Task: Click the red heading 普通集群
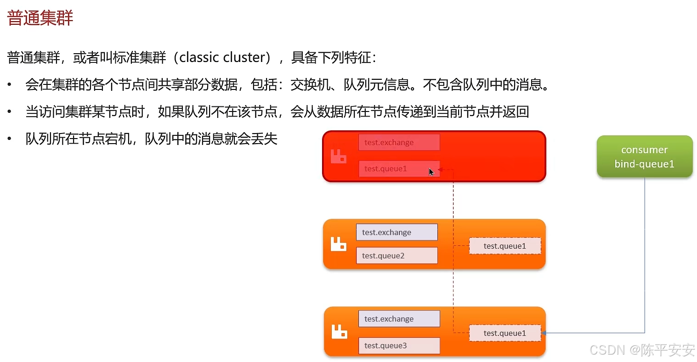pyautogui.click(x=40, y=18)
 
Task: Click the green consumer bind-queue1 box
pyautogui.click(x=644, y=156)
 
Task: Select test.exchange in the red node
pyautogui.click(x=399, y=142)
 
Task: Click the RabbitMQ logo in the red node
pyautogui.click(x=339, y=156)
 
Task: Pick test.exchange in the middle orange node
pyautogui.click(x=397, y=232)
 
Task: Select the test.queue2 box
pyautogui.click(x=397, y=256)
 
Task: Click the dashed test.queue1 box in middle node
pyautogui.click(x=504, y=246)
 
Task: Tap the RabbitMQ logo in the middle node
pyautogui.click(x=339, y=244)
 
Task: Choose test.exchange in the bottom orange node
pyautogui.click(x=399, y=319)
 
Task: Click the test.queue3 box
pyautogui.click(x=399, y=345)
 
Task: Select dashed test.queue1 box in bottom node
pyautogui.click(x=504, y=333)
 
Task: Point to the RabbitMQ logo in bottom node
pyautogui.click(x=340, y=331)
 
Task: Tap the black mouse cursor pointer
pyautogui.click(x=431, y=172)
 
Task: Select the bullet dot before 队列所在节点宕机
pyautogui.click(x=9, y=139)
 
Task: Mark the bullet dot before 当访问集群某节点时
pyautogui.click(x=9, y=111)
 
